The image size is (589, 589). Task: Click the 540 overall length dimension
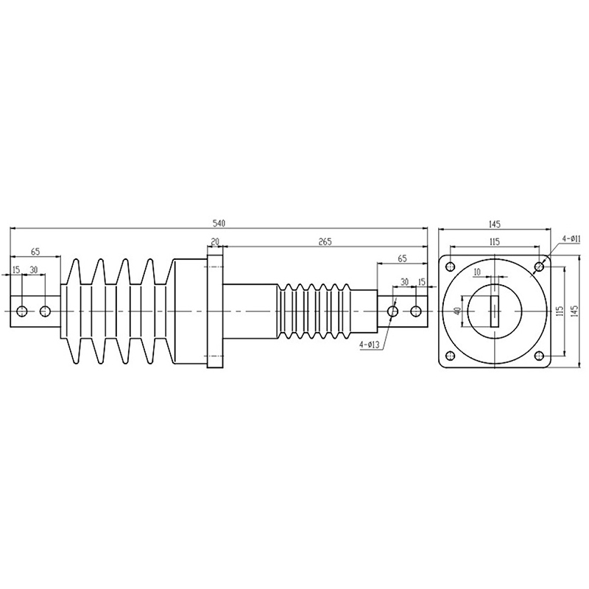tap(219, 223)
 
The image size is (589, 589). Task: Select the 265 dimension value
tap(325, 241)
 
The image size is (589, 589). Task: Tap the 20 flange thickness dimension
tap(215, 241)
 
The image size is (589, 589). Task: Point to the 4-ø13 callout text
tap(370, 345)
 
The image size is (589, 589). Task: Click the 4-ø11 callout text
tap(571, 239)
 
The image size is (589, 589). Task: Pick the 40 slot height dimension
tap(457, 311)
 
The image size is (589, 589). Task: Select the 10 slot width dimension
tap(477, 272)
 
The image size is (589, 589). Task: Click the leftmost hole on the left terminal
tap(22, 311)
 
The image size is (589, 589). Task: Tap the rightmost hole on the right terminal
tap(416, 311)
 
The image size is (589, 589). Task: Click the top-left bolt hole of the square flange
tap(450, 267)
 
